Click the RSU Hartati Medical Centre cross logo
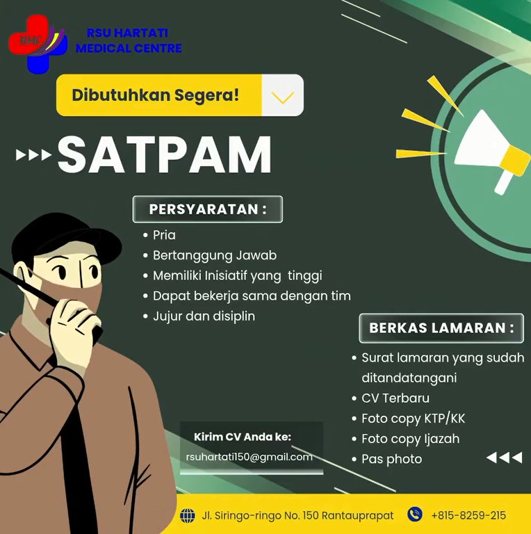tap(37, 42)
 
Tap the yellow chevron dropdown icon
tap(282, 96)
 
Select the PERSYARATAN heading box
tap(207, 209)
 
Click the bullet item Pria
tap(164, 235)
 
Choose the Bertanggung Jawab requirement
tap(214, 255)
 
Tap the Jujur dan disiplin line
tap(204, 316)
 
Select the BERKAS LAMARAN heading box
tap(441, 327)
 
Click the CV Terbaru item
tap(395, 398)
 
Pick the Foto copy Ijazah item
tap(410, 439)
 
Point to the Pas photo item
tap(391, 459)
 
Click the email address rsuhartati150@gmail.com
tap(249, 457)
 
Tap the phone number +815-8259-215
tap(468, 515)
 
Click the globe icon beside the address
tap(187, 515)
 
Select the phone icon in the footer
tap(414, 515)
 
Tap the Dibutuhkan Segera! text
tap(156, 95)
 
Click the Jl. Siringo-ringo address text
tap(297, 515)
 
